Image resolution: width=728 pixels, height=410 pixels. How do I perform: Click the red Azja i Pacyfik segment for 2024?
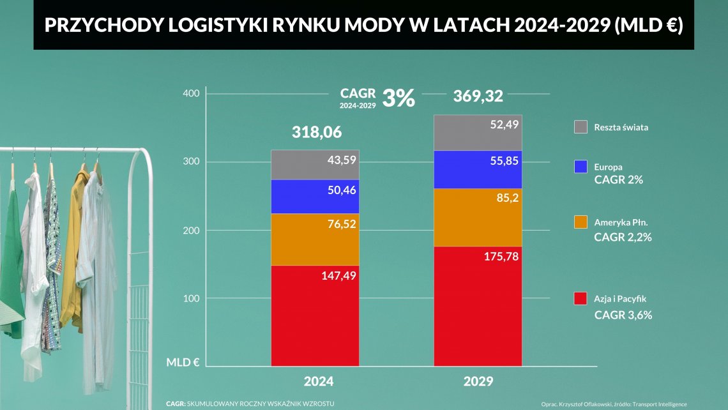314,315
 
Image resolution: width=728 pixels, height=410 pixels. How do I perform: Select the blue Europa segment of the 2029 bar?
478,169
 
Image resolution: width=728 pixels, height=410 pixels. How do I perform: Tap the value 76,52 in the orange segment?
340,224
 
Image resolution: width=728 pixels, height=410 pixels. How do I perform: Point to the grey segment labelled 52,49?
478,133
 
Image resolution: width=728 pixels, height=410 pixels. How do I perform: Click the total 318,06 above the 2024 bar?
317,133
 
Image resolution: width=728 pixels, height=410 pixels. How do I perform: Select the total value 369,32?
478,96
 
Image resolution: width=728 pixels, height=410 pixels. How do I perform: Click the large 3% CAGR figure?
398,98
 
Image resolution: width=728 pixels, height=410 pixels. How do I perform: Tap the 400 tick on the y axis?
192,94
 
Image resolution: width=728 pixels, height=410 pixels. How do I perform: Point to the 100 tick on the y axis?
192,298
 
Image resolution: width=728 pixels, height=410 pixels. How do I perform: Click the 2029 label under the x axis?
478,381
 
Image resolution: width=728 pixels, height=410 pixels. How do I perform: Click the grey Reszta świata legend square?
580,126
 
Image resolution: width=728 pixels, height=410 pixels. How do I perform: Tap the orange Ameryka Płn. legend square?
580,222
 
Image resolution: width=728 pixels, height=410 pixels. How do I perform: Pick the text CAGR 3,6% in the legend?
623,315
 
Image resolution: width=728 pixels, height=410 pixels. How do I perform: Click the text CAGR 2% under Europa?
618,180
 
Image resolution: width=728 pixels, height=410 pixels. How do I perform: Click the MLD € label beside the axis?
183,362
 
